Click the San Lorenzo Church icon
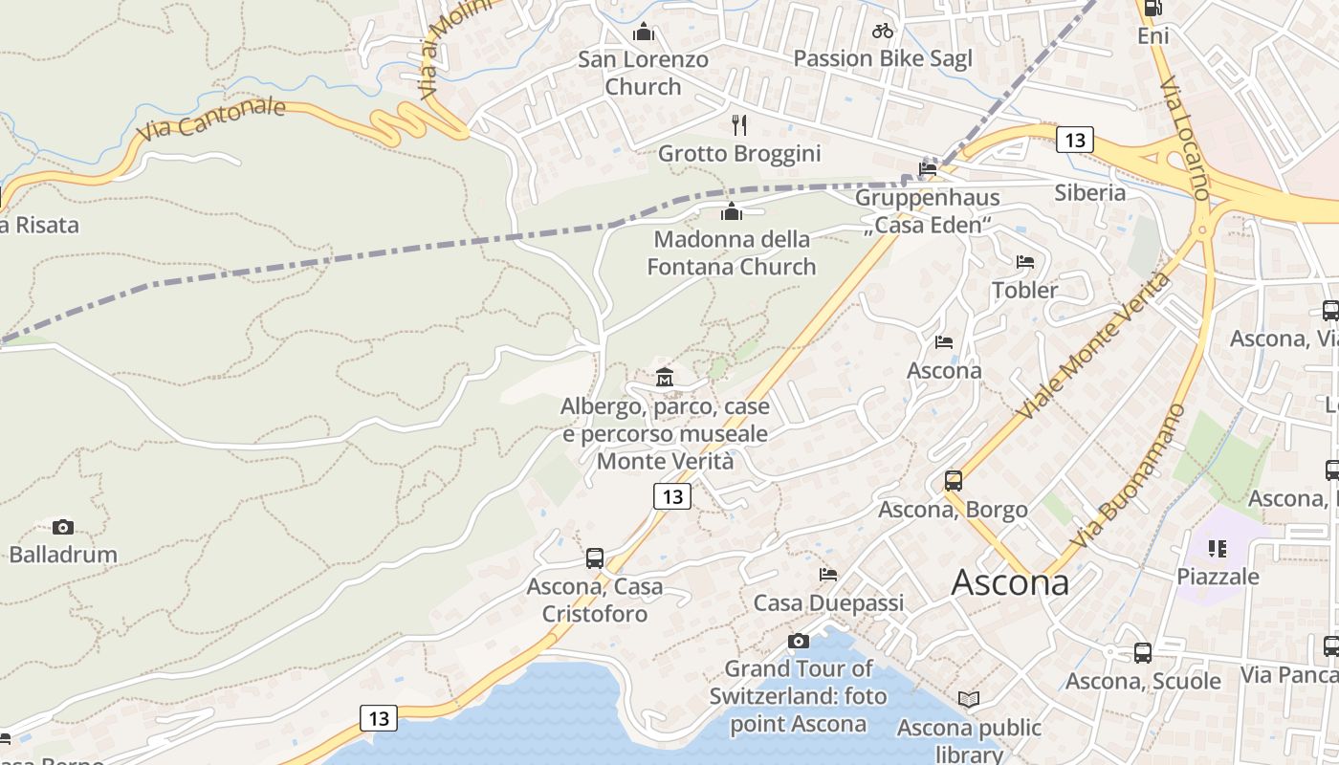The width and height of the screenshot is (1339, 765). pos(644,33)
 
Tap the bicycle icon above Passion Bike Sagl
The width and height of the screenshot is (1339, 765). pos(883,31)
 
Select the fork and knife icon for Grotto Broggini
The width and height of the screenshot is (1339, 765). pos(738,125)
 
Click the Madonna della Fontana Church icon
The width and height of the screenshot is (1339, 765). pos(732,211)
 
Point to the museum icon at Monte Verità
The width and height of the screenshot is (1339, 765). pos(665,377)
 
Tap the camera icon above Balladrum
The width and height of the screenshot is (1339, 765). pos(63,527)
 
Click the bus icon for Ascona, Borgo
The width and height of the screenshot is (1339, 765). pos(954,481)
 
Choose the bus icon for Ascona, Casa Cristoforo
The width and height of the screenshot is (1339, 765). pos(595,558)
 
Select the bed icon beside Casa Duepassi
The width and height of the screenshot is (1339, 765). pos(828,575)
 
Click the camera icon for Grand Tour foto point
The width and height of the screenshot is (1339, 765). pos(799,641)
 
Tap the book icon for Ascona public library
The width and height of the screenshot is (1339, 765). pos(969,700)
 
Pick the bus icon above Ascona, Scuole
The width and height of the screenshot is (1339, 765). pos(1143,653)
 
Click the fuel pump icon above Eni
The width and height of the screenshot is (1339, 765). pos(1153,9)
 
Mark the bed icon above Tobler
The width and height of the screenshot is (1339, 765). pos(1025,261)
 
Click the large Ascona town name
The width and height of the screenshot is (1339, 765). pos(1010,582)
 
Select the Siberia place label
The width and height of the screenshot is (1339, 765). pos(1090,192)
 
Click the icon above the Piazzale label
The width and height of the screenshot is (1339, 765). pos(1218,549)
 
